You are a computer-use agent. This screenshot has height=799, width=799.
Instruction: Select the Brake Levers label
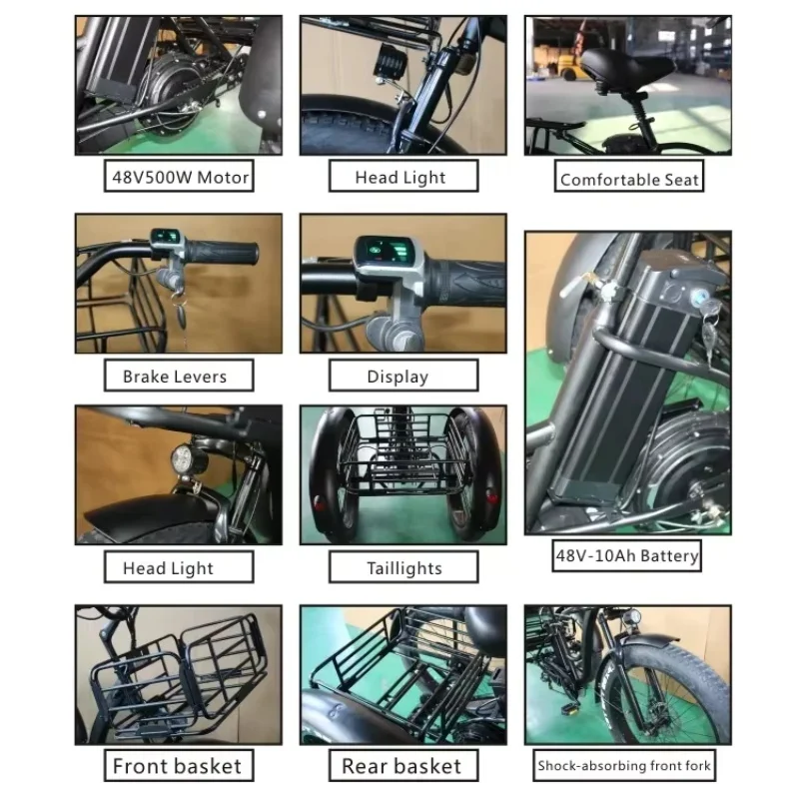[175, 377]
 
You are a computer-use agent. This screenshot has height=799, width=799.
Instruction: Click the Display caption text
[398, 377]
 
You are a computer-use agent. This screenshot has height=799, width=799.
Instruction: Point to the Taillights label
[403, 568]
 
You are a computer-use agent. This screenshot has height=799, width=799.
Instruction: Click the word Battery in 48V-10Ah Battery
[663, 555]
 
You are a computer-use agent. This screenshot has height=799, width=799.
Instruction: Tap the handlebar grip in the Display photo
[469, 282]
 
